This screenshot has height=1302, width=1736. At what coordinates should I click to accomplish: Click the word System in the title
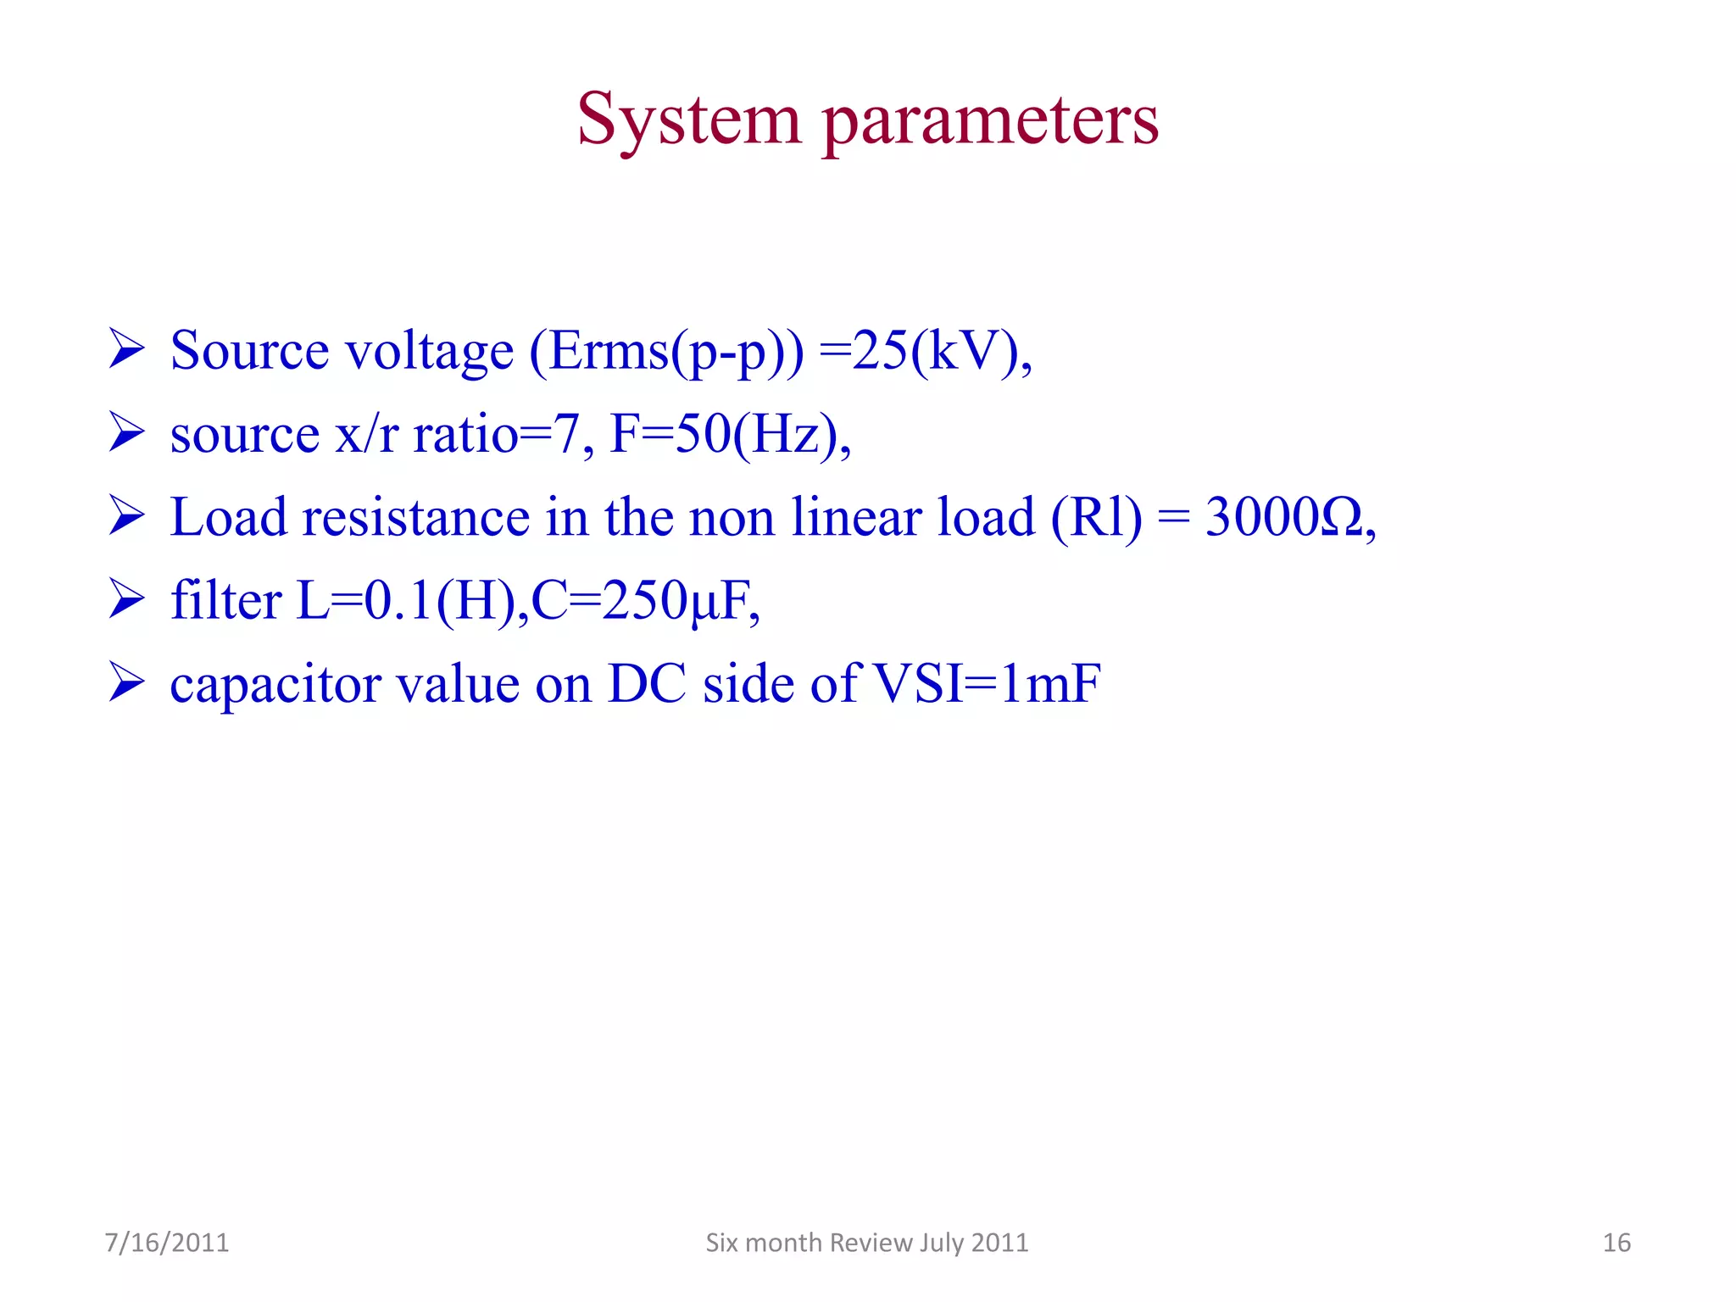688,120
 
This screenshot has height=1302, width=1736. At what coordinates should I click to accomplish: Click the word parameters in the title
990,120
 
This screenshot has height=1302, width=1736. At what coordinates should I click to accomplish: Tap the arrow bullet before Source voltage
127,350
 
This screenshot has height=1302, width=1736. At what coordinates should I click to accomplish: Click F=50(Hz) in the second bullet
729,435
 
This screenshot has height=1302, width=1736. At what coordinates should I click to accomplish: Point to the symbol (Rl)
1096,517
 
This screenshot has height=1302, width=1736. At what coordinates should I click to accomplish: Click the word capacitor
275,685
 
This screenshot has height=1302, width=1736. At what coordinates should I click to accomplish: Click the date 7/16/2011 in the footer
167,1243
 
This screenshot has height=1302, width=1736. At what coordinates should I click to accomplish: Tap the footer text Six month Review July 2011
867,1243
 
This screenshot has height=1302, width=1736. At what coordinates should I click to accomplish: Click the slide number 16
1616,1243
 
